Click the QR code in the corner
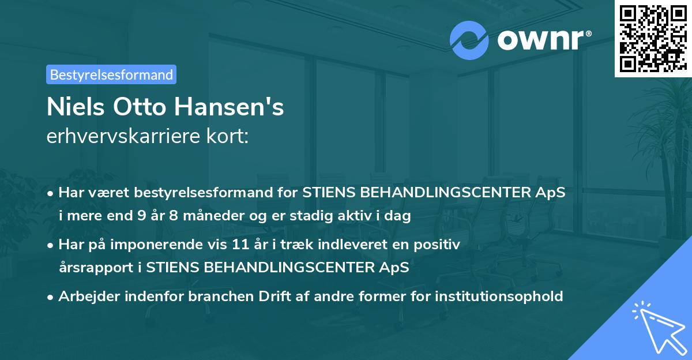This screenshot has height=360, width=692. (x=653, y=38)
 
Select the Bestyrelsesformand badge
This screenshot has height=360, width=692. (x=111, y=74)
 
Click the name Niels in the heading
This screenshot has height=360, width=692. (x=73, y=107)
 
